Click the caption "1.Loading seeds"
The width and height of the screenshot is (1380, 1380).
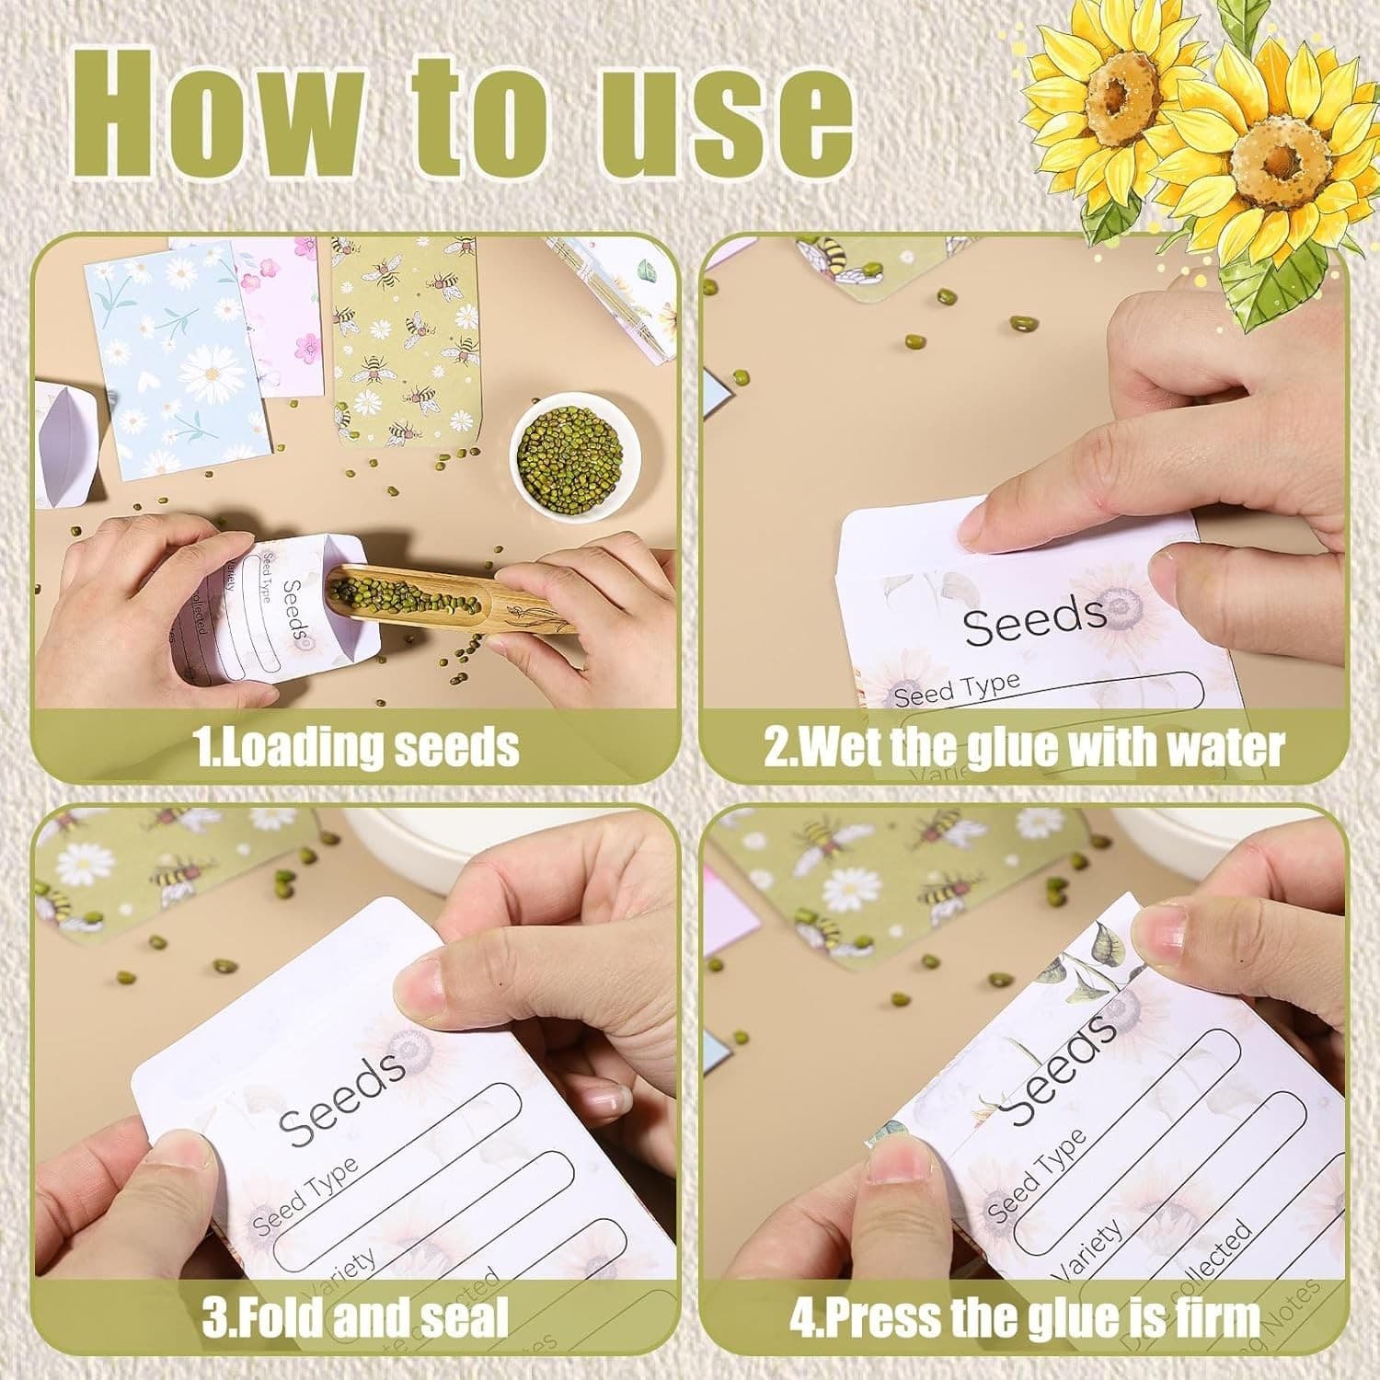(x=358, y=746)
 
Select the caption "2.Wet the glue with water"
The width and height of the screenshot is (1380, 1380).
(x=1023, y=747)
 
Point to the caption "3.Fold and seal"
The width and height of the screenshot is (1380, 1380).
(x=355, y=1317)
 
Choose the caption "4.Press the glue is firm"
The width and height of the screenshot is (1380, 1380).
(x=1024, y=1317)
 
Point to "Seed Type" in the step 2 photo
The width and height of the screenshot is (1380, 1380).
(x=957, y=688)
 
